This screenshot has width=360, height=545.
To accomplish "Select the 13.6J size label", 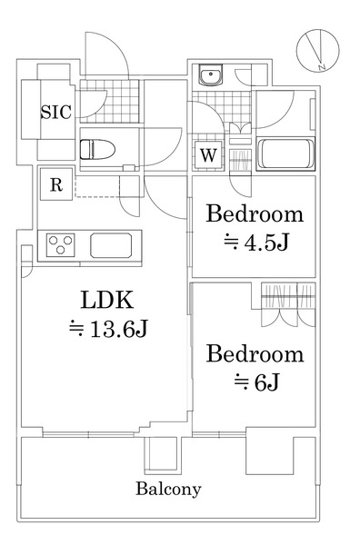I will click(x=106, y=330).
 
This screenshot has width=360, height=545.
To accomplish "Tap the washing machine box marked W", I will click(x=208, y=154).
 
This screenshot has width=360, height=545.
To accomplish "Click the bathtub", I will click(x=285, y=154).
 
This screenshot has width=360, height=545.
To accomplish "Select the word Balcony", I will click(x=168, y=489).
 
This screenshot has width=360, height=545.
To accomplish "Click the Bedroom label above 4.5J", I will click(x=254, y=214).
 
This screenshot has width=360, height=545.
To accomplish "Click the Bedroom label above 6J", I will click(x=254, y=352).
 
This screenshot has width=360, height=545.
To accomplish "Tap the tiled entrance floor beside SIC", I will click(x=107, y=104).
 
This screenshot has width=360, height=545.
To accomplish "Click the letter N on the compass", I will click(x=321, y=64).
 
